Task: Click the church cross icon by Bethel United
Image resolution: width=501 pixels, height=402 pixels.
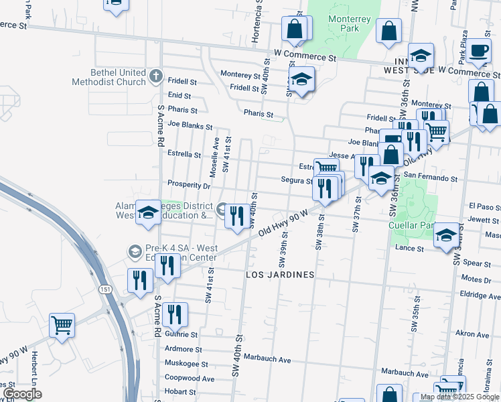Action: click(155, 75)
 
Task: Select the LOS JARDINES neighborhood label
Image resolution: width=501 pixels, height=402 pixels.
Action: click(280, 275)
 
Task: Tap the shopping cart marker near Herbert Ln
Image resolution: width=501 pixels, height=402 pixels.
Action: click(62, 326)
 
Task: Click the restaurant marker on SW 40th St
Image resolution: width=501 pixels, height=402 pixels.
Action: click(234, 216)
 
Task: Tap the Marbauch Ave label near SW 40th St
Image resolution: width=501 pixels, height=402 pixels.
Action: click(267, 359)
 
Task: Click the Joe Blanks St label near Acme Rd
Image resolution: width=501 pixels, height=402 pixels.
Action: click(190, 125)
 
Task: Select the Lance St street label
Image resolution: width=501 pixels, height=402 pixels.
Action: click(410, 249)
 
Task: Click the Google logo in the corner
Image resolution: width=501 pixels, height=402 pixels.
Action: click(22, 394)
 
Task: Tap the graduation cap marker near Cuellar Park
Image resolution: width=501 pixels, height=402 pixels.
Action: click(447, 235)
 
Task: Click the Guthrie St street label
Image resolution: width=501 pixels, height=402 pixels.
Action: click(181, 334)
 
